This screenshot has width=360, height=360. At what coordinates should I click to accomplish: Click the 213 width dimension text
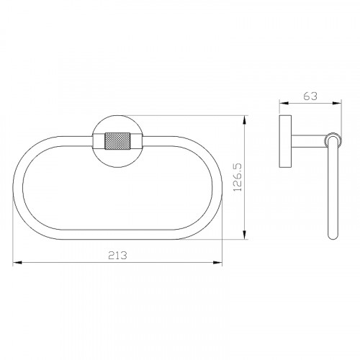pos(117,255)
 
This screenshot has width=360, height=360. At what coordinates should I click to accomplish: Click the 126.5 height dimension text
pos(238,177)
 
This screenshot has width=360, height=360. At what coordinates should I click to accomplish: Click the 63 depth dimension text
pos(310,96)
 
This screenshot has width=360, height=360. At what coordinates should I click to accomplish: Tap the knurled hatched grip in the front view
pos(117,141)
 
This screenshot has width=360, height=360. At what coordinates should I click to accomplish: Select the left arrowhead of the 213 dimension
pos(17,263)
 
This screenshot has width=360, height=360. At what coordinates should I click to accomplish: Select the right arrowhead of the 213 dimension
pos(217,263)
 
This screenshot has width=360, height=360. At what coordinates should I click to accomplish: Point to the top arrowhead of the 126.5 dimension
pos(245,120)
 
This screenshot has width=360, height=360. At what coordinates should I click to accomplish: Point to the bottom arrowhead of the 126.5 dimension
pos(245,235)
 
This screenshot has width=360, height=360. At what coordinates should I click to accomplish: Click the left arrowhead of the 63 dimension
pos(284,103)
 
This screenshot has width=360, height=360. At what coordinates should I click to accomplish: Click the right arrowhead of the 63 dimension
pos(337,103)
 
